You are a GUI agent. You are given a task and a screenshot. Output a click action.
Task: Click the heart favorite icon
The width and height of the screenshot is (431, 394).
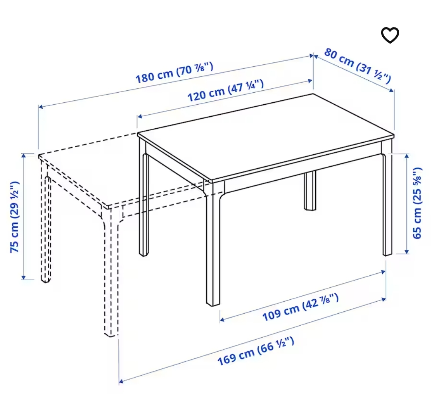click(x=390, y=36)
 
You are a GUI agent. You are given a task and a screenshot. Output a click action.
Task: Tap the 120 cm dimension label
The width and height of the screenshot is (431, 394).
click(x=225, y=91)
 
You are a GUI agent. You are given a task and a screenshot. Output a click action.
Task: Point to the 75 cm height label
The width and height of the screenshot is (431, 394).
click(x=15, y=217)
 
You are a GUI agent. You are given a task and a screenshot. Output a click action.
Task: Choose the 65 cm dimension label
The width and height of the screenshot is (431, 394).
click(x=417, y=203)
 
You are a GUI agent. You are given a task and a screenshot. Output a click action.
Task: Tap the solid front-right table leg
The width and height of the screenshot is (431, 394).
click(x=388, y=208)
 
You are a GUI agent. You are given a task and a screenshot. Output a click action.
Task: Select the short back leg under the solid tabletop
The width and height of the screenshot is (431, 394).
click(x=310, y=191)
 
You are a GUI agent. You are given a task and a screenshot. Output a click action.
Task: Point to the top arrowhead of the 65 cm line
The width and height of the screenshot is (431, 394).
click(x=407, y=155)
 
